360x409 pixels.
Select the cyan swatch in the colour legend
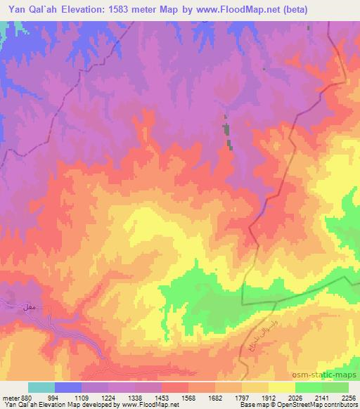coord(41,387)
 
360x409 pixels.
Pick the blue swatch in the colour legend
coord(67,387)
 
